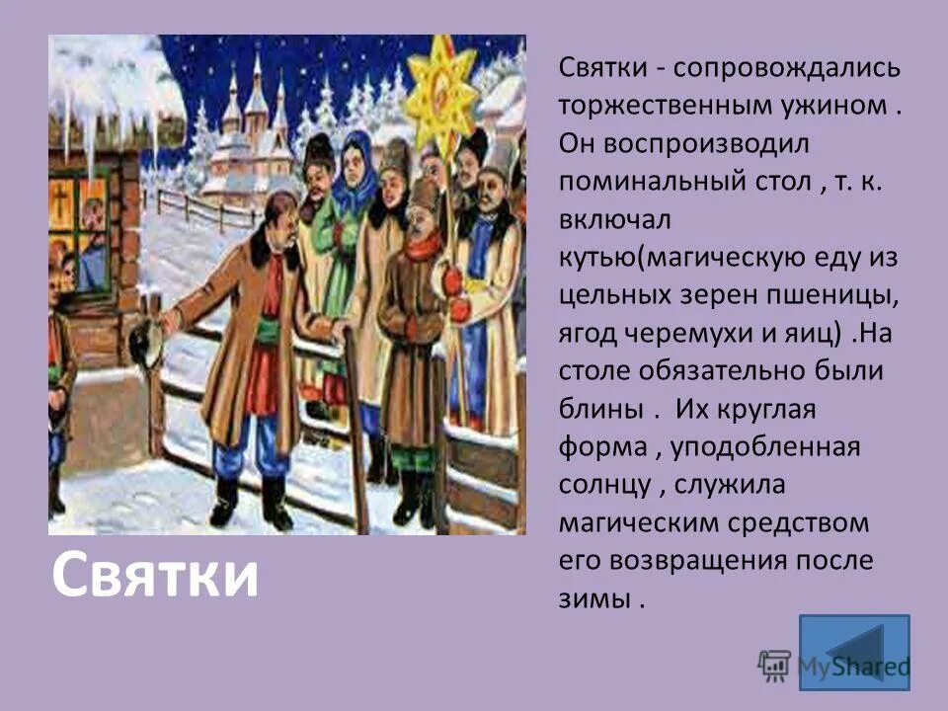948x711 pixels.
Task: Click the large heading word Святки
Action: pyautogui.click(x=154, y=577)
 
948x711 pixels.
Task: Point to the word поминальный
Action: pyautogui.click(x=657, y=182)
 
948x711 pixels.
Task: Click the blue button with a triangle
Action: pyautogui.click(x=853, y=652)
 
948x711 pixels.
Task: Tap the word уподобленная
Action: pyautogui.click(x=766, y=446)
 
